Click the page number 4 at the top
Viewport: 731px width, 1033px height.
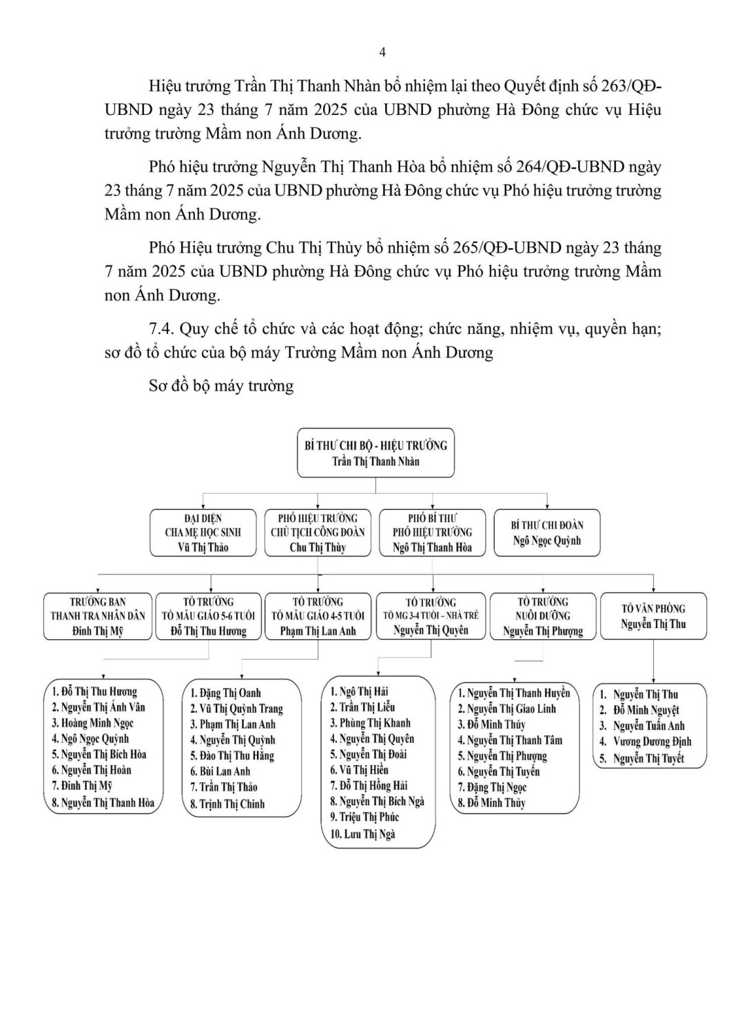[x=382, y=52]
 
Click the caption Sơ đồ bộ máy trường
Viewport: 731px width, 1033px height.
[x=221, y=386]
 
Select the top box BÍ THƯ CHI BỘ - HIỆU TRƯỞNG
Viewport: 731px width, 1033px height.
[x=375, y=453]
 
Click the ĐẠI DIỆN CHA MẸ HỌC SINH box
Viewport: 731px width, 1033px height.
[x=203, y=532]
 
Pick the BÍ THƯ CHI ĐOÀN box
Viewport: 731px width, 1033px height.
[x=547, y=532]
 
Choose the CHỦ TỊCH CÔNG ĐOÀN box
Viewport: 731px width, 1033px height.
[x=318, y=532]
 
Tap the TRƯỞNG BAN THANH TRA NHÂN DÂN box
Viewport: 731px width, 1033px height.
[x=98, y=616]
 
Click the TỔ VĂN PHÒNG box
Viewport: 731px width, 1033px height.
[x=653, y=616]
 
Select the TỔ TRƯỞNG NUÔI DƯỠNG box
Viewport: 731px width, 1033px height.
[x=543, y=616]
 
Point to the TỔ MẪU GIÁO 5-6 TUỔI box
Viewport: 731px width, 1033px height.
[x=209, y=616]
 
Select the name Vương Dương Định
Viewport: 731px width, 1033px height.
[x=652, y=742]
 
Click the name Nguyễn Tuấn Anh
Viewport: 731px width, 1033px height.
[x=648, y=726]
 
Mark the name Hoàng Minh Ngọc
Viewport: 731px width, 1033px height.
[x=93, y=723]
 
